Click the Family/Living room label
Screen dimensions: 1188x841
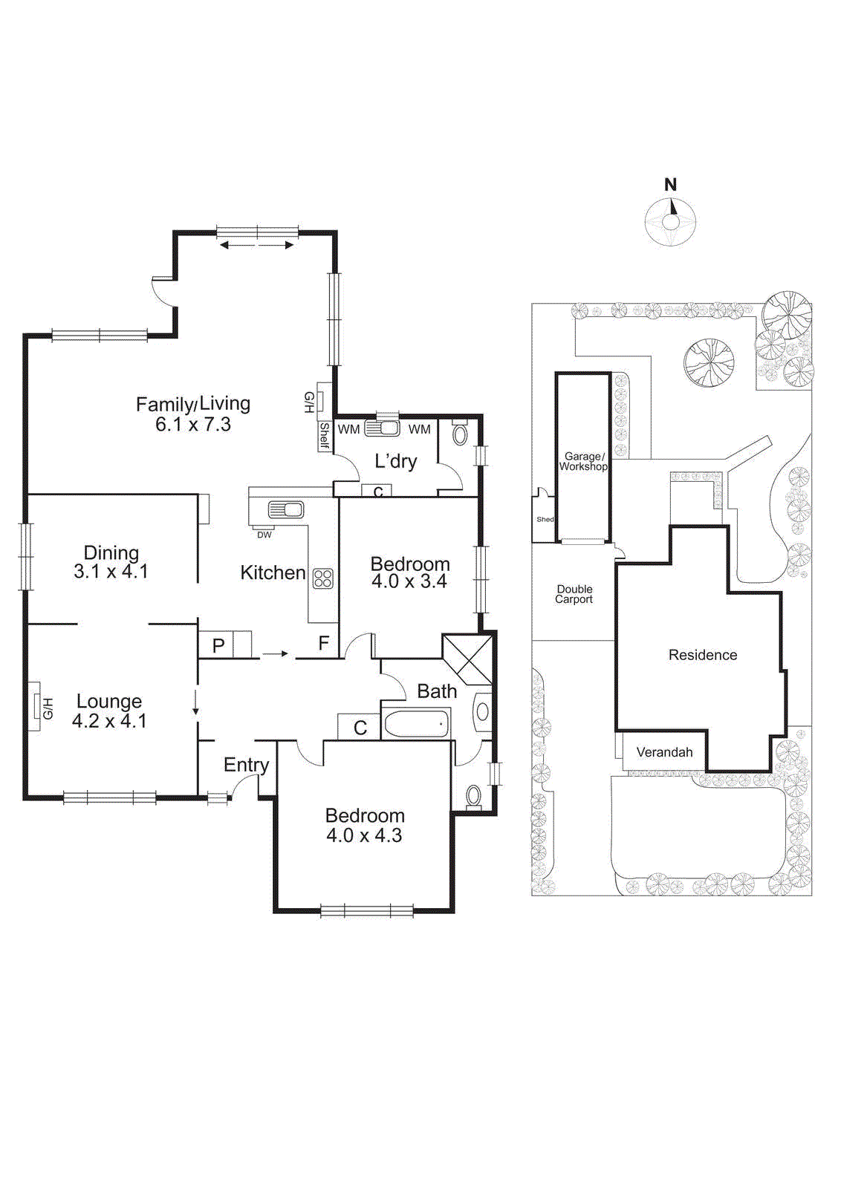coord(193,414)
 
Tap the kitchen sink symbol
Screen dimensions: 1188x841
coord(286,510)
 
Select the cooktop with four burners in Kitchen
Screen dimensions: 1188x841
coord(323,578)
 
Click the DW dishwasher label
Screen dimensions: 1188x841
coord(264,535)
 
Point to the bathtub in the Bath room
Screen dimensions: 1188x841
coord(416,723)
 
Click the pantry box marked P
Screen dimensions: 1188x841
coord(218,645)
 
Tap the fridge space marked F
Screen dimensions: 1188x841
coord(324,643)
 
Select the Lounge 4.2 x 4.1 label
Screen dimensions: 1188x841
coord(109,711)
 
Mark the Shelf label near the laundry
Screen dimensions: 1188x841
coord(324,436)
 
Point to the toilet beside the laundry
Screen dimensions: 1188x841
coord(460,434)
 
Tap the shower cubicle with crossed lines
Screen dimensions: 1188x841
coord(467,659)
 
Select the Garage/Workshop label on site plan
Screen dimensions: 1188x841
coord(583,462)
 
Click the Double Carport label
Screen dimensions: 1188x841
coord(574,594)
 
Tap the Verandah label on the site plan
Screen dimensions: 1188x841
coord(664,752)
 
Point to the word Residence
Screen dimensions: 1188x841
coord(703,655)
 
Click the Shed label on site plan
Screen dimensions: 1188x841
coord(545,519)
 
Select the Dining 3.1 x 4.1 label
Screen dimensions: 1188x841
coord(111,562)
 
